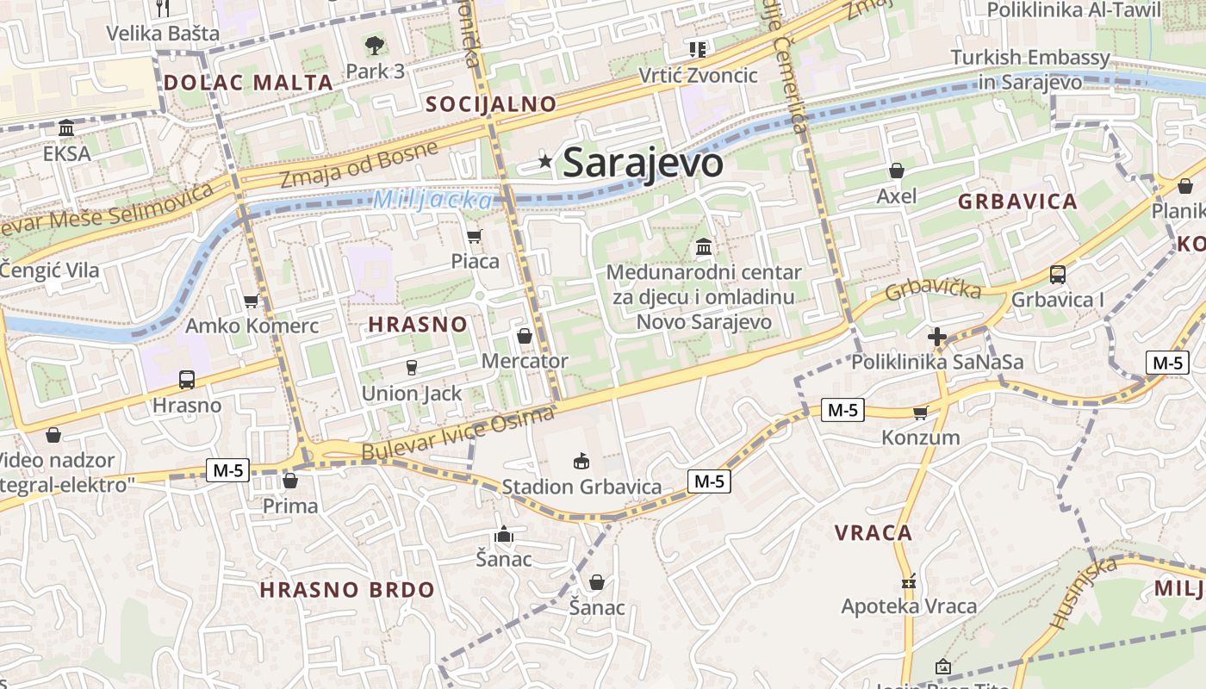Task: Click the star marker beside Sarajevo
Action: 544,160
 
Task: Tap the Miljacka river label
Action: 433,201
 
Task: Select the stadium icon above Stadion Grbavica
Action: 581,462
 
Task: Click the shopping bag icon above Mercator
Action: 524,336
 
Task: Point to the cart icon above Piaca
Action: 474,236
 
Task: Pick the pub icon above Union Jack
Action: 412,368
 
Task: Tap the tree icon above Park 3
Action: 374,46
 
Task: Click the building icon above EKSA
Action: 66,129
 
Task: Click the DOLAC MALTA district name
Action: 248,83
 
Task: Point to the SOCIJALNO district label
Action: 492,104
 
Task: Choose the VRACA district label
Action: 873,532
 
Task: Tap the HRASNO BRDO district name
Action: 347,590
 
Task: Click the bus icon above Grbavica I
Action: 1057,275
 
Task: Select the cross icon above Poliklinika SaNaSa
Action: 937,337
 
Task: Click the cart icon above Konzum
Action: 920,413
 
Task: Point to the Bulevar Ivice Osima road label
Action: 457,435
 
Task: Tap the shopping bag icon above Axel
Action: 896,171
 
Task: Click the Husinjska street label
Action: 1084,591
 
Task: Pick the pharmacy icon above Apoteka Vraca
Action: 908,581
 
